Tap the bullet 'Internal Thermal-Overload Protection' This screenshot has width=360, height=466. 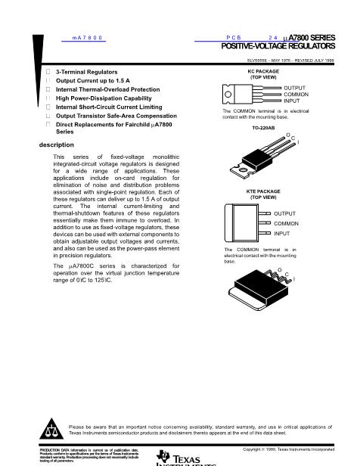click(107, 89)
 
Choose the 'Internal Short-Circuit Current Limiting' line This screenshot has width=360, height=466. click(110, 107)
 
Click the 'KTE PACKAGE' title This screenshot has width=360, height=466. click(262, 192)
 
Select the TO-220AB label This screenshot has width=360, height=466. click(263, 128)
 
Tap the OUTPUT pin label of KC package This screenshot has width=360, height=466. click(295, 88)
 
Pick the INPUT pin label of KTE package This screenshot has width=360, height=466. click(282, 234)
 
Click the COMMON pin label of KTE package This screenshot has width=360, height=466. click(287, 224)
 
